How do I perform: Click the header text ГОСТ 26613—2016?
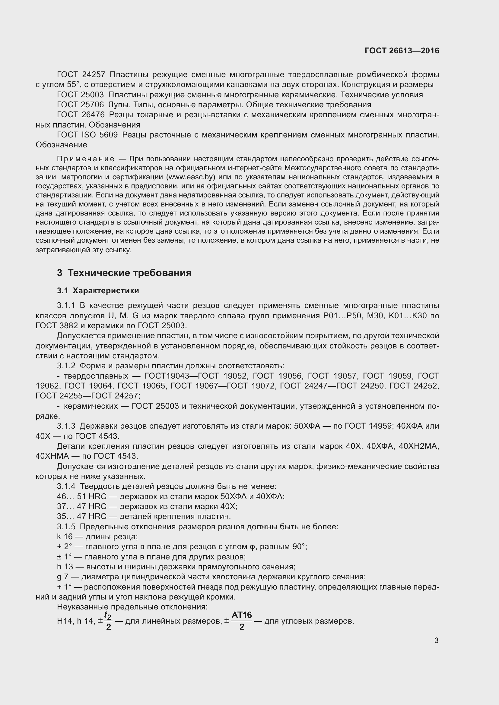pyautogui.click(x=402, y=51)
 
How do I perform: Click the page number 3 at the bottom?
pyautogui.click(x=436, y=640)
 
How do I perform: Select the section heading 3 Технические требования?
pyautogui.click(x=124, y=273)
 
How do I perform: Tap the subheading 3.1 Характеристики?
pyautogui.click(x=98, y=291)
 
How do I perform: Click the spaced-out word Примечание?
pyautogui.click(x=86, y=159)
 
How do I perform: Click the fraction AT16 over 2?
pyautogui.click(x=242, y=621)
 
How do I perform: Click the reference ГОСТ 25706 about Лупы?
pyautogui.click(x=81, y=105)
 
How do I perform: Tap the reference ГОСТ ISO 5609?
pyautogui.click(x=87, y=135)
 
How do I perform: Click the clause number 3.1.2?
pyautogui.click(x=66, y=366)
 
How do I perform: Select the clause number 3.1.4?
pyautogui.click(x=66, y=486)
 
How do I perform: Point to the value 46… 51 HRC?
pyautogui.click(x=81, y=496)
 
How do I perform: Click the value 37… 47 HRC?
pyautogui.click(x=81, y=506)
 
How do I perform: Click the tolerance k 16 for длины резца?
pyautogui.click(x=65, y=537)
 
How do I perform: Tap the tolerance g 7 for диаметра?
pyautogui.click(x=62, y=577)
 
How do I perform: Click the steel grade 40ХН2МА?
pyautogui.click(x=418, y=446)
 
